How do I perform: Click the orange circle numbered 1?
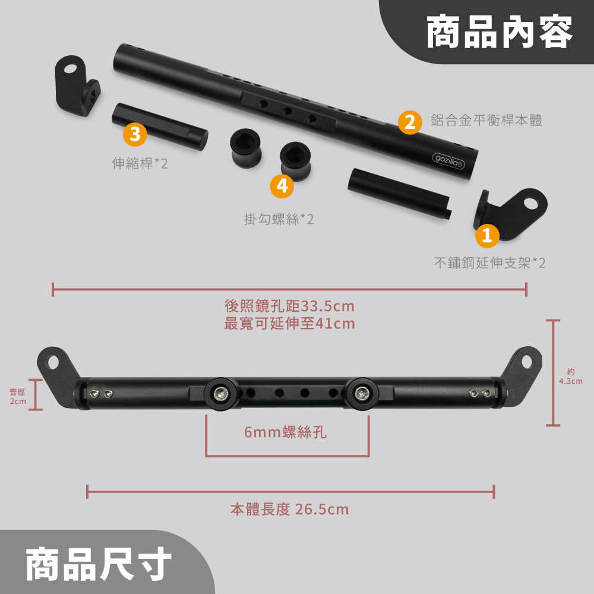point(487,236)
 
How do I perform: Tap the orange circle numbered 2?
point(410,122)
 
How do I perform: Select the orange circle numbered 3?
point(135,134)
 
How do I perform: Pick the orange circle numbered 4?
point(282,186)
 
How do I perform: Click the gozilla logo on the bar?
point(448,161)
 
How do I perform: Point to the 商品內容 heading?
point(500,32)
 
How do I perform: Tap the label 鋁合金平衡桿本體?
point(486,120)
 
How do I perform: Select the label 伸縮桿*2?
point(140,163)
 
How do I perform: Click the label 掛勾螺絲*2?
point(279,219)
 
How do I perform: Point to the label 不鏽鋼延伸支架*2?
point(490,263)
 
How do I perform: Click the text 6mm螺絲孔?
point(285,432)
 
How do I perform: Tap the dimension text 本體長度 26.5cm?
point(289,509)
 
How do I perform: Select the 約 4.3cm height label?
point(571,376)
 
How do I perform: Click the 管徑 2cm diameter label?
point(18,396)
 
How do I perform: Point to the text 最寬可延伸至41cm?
point(289,324)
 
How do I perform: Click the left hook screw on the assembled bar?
point(220,394)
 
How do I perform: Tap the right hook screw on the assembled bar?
point(362,394)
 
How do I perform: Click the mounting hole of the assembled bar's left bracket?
point(53,362)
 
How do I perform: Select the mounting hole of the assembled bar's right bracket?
point(527,362)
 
